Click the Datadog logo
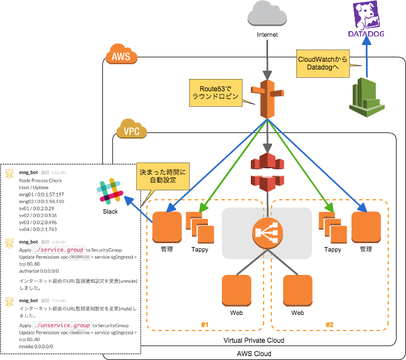coord(366,20)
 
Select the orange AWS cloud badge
coord(121,56)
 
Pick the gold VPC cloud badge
coord(132,130)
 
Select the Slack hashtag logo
coord(110,191)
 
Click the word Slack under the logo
coord(110,211)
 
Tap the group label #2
coord(329,324)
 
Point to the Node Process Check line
coord(41,180)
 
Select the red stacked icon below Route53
coord(268,172)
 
